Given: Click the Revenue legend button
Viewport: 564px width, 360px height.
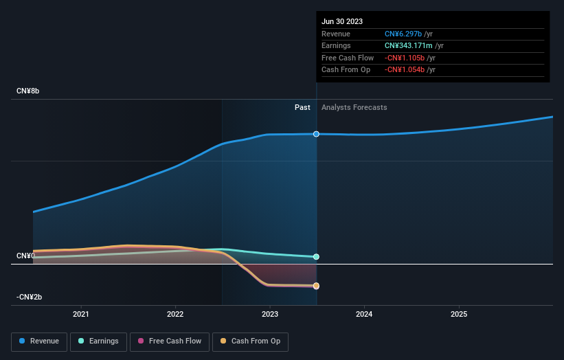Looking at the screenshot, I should click(x=40, y=341).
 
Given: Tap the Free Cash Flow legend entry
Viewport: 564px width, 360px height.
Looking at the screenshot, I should click(x=168, y=341).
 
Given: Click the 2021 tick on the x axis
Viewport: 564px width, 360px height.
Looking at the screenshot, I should click(x=81, y=314).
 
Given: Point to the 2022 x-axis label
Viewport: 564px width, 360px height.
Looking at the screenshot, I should click(x=175, y=314).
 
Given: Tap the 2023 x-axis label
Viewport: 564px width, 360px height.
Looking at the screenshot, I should click(x=270, y=314).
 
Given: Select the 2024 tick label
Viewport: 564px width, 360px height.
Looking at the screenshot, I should click(x=364, y=314).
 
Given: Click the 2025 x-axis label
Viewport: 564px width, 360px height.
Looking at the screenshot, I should click(x=459, y=314).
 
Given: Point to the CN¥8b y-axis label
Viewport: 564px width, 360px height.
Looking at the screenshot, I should click(x=28, y=91).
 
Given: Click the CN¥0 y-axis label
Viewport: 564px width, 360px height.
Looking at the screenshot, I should click(x=25, y=256).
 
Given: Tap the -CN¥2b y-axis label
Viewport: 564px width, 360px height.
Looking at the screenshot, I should click(x=30, y=297).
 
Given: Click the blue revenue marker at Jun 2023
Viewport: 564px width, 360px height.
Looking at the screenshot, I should click(x=316, y=134).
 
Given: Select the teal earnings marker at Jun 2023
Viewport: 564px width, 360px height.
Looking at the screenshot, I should click(x=316, y=257).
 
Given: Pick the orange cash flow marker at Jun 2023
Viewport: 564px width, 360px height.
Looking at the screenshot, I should click(x=316, y=286).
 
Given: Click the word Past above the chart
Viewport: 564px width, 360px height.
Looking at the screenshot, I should click(x=302, y=107).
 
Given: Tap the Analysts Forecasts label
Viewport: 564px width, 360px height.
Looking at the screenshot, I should click(x=354, y=107).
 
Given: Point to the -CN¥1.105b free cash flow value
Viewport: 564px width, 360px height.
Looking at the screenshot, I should click(x=405, y=58).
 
